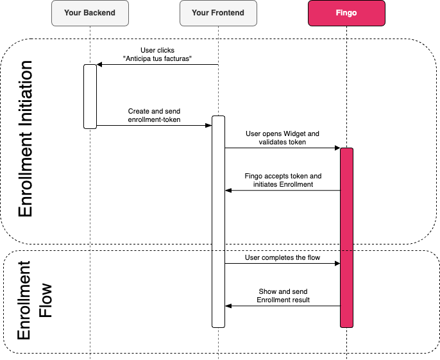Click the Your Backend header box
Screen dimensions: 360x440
[x=90, y=13]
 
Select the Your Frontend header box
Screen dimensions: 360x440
[x=218, y=13]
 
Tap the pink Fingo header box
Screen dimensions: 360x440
[x=346, y=13]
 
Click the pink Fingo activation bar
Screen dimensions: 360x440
[x=346, y=237]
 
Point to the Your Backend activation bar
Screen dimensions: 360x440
[x=90, y=96]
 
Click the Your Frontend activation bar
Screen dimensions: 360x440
[x=218, y=221]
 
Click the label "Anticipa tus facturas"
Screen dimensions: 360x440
[x=157, y=60]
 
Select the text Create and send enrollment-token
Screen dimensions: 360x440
[x=154, y=115]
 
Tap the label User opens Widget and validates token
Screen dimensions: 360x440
[x=282, y=137]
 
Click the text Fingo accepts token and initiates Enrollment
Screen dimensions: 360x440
[x=283, y=180]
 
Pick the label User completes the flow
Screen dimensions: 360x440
[x=282, y=257]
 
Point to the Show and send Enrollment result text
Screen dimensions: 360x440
[x=283, y=295]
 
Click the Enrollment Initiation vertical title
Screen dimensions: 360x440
[x=26, y=139]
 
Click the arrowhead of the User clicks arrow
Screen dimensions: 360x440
[x=99, y=65]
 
